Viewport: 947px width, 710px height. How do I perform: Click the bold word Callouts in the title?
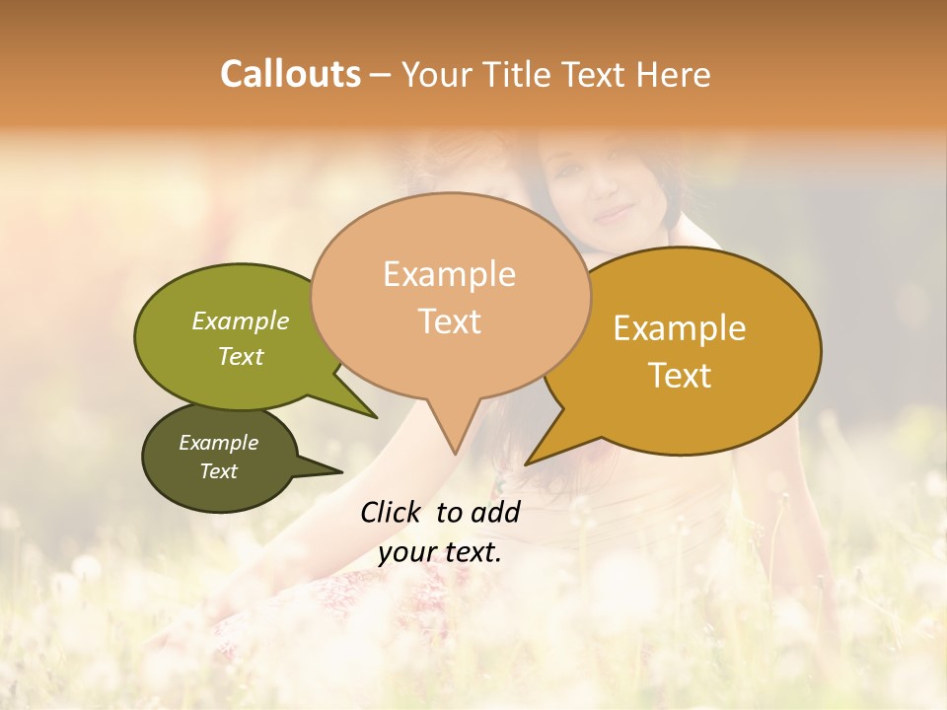290,74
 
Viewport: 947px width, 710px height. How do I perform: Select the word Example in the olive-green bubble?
240,320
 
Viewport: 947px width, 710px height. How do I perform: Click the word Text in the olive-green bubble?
240,356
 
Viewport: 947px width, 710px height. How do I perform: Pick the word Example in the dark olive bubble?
218,443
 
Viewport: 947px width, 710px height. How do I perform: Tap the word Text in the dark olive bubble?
218,471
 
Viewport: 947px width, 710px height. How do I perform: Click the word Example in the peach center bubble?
449,274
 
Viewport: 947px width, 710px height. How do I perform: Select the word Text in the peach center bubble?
449,321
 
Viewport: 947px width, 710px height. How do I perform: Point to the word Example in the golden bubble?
680,328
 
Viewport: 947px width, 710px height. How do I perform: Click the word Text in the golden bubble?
680,376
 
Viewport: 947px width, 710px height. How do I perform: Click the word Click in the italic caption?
392,512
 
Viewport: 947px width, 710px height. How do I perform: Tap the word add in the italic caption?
497,512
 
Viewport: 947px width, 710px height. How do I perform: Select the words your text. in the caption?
440,552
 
